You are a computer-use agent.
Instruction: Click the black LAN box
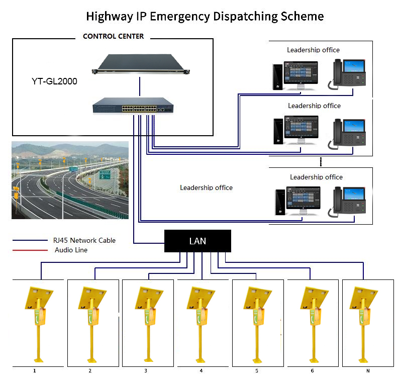click(x=197, y=241)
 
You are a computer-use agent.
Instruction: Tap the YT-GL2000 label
click(x=54, y=81)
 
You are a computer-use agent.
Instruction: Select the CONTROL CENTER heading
click(x=113, y=36)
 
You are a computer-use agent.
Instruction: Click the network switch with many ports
click(x=134, y=106)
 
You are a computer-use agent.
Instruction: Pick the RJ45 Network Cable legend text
click(x=84, y=240)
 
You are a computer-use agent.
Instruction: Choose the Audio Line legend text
click(x=71, y=250)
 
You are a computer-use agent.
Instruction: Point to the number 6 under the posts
click(x=312, y=371)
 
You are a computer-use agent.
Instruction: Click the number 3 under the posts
click(x=146, y=371)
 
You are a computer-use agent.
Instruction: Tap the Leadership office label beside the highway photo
click(x=206, y=187)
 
